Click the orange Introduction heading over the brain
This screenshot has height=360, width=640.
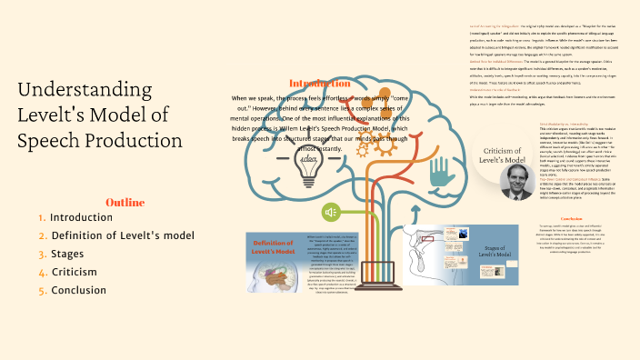coord(319,83)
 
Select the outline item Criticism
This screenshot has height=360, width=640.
coord(75,272)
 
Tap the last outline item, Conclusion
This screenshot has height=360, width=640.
coord(79,290)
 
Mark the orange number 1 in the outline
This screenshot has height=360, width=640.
coord(43,218)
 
